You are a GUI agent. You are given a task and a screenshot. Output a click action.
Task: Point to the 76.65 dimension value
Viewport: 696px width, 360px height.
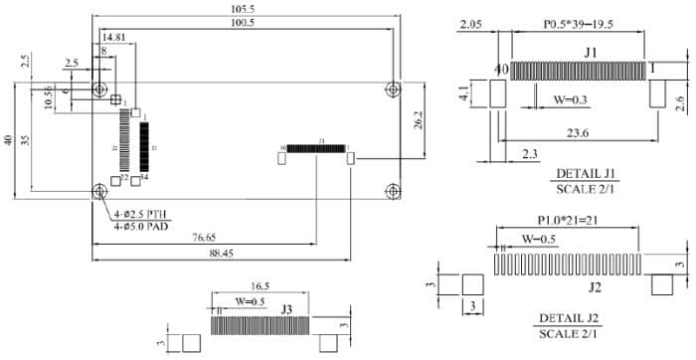pyautogui.click(x=205, y=237)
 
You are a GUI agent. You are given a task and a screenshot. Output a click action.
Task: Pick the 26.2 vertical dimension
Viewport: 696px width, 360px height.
pyautogui.click(x=421, y=120)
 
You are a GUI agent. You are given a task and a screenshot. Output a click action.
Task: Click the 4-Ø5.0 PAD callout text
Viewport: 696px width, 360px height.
pyautogui.click(x=141, y=228)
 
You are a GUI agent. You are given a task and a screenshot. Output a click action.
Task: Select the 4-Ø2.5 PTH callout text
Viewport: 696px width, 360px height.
pyautogui.click(x=141, y=215)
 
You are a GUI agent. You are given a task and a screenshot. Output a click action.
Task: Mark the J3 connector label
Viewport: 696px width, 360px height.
pyautogui.click(x=285, y=308)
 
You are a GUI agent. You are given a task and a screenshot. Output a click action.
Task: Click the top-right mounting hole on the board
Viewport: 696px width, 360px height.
pyautogui.click(x=395, y=89)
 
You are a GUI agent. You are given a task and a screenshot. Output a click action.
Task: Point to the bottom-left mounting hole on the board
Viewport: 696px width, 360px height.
pyautogui.click(x=99, y=192)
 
